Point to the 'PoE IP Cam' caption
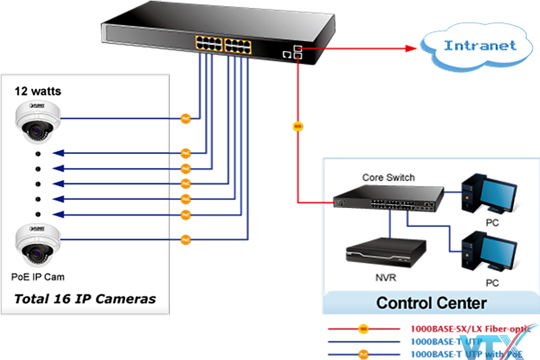click(38, 276)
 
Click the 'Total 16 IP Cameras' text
click(85, 299)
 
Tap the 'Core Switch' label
click(388, 178)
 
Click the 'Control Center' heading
click(431, 302)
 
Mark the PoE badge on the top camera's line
click(186, 118)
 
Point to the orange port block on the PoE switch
click(223, 45)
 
